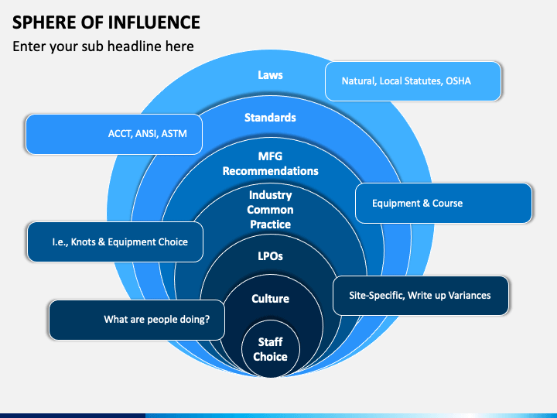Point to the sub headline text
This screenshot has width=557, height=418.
(x=103, y=46)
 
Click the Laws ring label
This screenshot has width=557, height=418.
(x=270, y=75)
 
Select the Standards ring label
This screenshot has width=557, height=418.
(x=270, y=118)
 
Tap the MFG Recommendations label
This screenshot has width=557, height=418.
(x=270, y=163)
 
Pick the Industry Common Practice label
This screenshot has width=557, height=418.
(x=270, y=210)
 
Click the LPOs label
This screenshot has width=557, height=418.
(x=270, y=256)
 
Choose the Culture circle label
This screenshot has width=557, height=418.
(x=270, y=299)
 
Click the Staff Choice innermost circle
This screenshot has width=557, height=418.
(x=270, y=348)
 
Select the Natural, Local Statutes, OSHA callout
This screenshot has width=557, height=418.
(x=413, y=81)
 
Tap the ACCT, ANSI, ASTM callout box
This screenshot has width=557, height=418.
(x=114, y=134)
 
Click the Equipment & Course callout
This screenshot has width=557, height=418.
(x=444, y=203)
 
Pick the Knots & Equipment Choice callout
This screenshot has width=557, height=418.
(x=115, y=242)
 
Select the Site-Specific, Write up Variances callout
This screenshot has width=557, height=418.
(x=421, y=296)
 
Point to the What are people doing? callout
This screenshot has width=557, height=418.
(x=137, y=320)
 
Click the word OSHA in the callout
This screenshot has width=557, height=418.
(x=458, y=81)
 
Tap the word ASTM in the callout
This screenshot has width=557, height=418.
(x=174, y=134)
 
